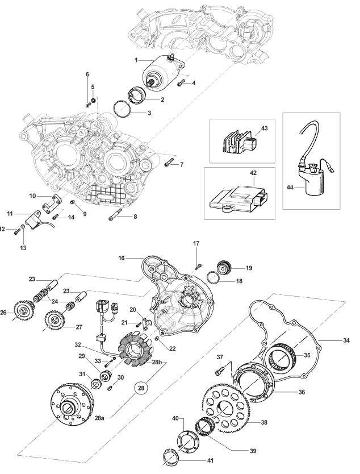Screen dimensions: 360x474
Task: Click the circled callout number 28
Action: pyautogui.click(x=141, y=387)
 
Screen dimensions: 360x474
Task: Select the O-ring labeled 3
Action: pyautogui.click(x=122, y=109)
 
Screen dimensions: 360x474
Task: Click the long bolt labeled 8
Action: pyautogui.click(x=115, y=214)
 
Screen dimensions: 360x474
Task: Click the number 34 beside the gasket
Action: pyautogui.click(x=346, y=340)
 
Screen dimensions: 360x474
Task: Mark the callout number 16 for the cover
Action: pyautogui.click(x=122, y=258)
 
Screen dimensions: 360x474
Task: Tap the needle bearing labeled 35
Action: pyautogui.click(x=281, y=356)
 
